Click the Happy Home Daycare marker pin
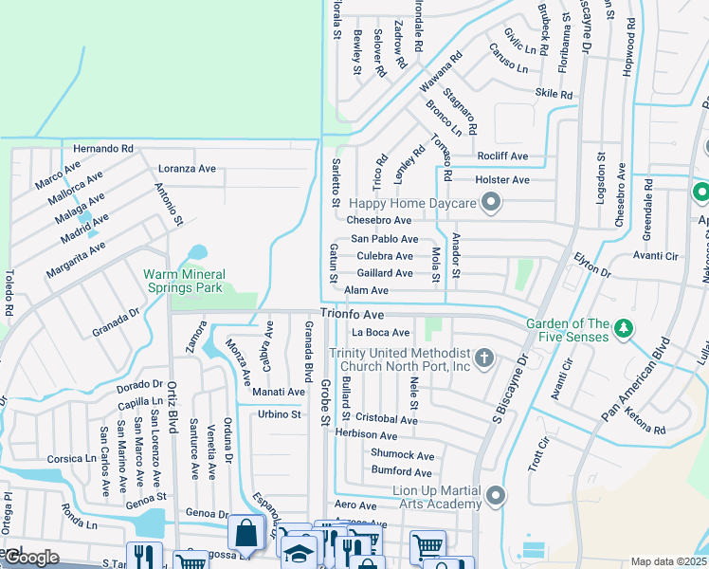click(x=491, y=202)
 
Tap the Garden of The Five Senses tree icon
click(x=623, y=328)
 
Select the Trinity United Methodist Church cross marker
click(x=484, y=358)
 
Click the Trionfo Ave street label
click(x=352, y=313)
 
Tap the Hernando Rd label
click(x=103, y=149)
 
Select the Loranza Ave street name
click(x=187, y=169)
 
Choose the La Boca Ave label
click(x=380, y=333)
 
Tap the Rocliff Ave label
click(x=502, y=156)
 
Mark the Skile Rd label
click(x=554, y=94)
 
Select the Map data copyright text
click(x=668, y=561)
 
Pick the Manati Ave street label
click(x=278, y=392)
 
